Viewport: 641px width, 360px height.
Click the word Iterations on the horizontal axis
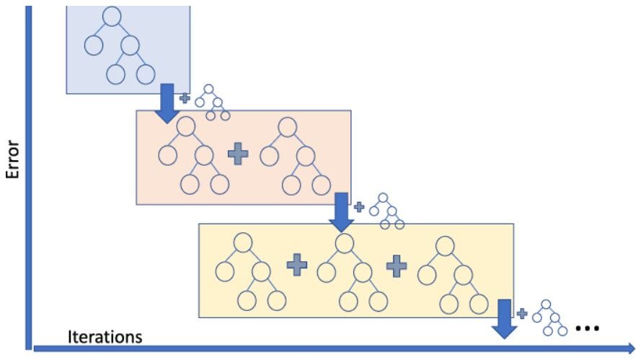click(105, 337)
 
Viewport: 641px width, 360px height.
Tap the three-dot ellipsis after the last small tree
click(586, 329)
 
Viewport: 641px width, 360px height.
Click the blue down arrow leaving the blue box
click(167, 102)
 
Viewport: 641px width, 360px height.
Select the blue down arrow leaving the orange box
click(340, 212)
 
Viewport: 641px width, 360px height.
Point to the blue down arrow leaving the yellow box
click(505, 318)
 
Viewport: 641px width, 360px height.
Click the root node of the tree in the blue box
click(112, 15)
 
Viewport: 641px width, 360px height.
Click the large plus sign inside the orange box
click(237, 153)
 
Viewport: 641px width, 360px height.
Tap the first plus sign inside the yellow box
click(296, 265)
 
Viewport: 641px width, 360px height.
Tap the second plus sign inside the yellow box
click(396, 265)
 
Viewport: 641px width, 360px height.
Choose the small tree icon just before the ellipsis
click(550, 317)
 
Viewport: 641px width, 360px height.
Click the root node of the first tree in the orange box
click(186, 126)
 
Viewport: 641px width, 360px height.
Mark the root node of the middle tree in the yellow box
click(344, 243)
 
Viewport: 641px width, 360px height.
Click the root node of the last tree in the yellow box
click(445, 243)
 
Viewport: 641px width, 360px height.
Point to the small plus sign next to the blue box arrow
click(184, 97)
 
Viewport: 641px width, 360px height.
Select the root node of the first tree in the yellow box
click(243, 243)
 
